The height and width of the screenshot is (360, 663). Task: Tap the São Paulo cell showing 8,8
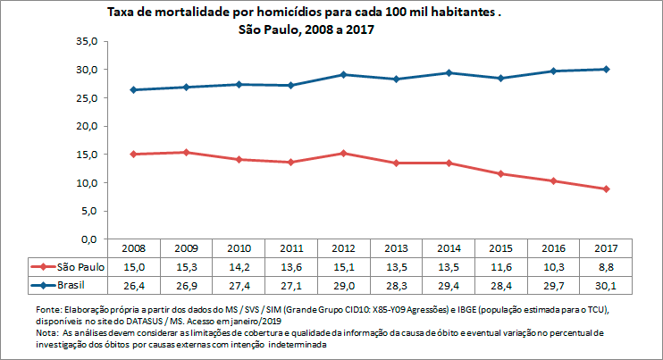pyautogui.click(x=605, y=267)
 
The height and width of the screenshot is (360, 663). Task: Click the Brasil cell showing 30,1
pyautogui.click(x=605, y=285)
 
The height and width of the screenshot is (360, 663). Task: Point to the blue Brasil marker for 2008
pyautogui.click(x=133, y=89)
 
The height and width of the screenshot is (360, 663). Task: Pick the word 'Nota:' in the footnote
pyautogui.click(x=43, y=332)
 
